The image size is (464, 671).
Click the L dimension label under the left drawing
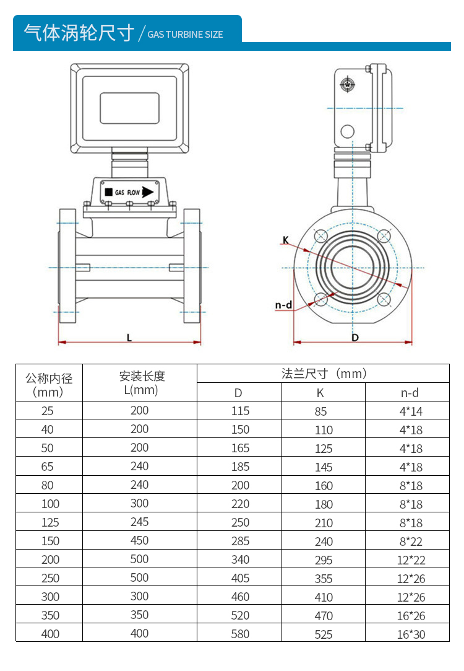coord(129,338)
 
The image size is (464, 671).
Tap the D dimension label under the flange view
coord(355,338)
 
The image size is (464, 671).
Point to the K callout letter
coord(285,239)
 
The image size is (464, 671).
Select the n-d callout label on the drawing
coord(283,305)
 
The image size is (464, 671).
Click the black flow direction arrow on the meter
coord(147,192)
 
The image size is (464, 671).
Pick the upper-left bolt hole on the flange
coord(320,236)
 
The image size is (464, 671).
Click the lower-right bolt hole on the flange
coord(384,300)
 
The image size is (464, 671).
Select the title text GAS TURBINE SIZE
coord(185,35)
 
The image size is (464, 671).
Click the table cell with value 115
coord(240,411)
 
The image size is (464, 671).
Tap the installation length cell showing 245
coord(139,522)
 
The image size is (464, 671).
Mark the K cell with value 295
coord(324,560)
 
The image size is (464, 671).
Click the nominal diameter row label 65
coord(48,467)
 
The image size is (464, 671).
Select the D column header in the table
coord(238,392)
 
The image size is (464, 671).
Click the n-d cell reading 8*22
coord(411,541)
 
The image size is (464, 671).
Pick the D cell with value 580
coord(240,634)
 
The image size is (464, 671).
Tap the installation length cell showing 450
coord(139,540)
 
